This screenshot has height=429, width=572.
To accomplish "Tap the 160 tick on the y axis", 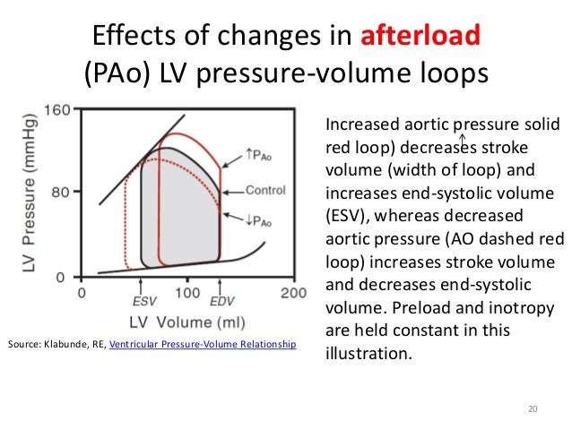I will [56, 110].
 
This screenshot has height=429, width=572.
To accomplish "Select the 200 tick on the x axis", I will [292, 293].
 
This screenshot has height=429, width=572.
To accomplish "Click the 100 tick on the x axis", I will [186, 293].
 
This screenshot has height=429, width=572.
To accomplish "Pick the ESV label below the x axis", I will [143, 303].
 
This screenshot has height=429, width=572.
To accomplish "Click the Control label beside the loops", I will [265, 191].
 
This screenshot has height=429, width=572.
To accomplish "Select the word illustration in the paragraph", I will [368, 352].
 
